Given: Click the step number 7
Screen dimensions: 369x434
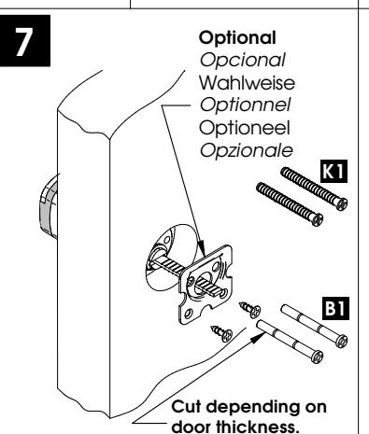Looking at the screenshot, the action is point(24,41).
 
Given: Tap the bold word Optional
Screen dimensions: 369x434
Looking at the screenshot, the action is point(237,38).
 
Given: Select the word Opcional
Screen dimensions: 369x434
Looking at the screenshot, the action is point(242,60).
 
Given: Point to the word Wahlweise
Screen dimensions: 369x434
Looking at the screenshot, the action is point(247,83).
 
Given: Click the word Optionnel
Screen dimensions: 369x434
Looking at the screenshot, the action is point(245,105).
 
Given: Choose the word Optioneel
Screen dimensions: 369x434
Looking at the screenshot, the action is point(245,128).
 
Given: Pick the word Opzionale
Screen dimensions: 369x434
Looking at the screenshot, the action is point(246,150).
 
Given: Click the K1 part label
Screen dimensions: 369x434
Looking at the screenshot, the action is point(334,171).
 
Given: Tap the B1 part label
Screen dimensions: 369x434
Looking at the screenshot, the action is point(335,308).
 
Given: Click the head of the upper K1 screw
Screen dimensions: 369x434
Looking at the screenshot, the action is point(342,204).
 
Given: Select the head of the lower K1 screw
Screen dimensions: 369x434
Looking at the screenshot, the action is point(317,219).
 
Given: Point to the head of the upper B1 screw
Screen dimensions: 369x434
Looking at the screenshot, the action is point(342,341).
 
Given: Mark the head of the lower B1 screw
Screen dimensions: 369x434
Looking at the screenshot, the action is point(317,357).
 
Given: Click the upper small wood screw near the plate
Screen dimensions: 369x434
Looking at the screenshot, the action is point(250,310).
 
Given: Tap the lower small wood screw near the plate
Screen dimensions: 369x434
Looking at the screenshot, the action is point(222,333).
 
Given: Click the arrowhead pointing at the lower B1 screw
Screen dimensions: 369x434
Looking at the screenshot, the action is point(259,337).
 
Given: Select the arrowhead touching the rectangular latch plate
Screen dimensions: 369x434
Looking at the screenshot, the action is point(201,249).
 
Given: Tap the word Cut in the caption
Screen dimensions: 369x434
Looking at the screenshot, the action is point(185,407).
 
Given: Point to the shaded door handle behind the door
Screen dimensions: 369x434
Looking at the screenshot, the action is point(49,206).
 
